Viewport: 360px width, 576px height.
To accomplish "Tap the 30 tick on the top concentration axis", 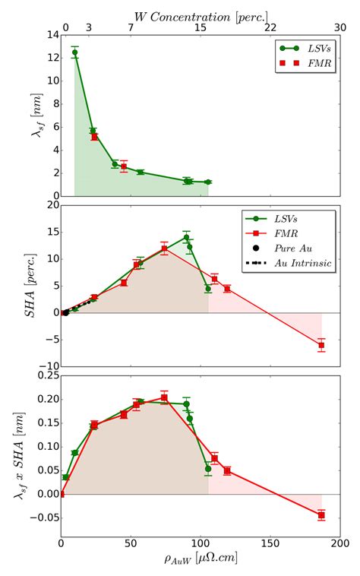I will point(339,27).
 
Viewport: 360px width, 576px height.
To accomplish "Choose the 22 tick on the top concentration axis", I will point(270,27).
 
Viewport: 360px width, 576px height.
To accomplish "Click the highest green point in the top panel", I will point(74,52).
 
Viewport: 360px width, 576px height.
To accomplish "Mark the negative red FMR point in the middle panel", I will point(321,345).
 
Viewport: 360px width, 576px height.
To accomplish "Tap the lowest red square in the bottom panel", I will point(321,515).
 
